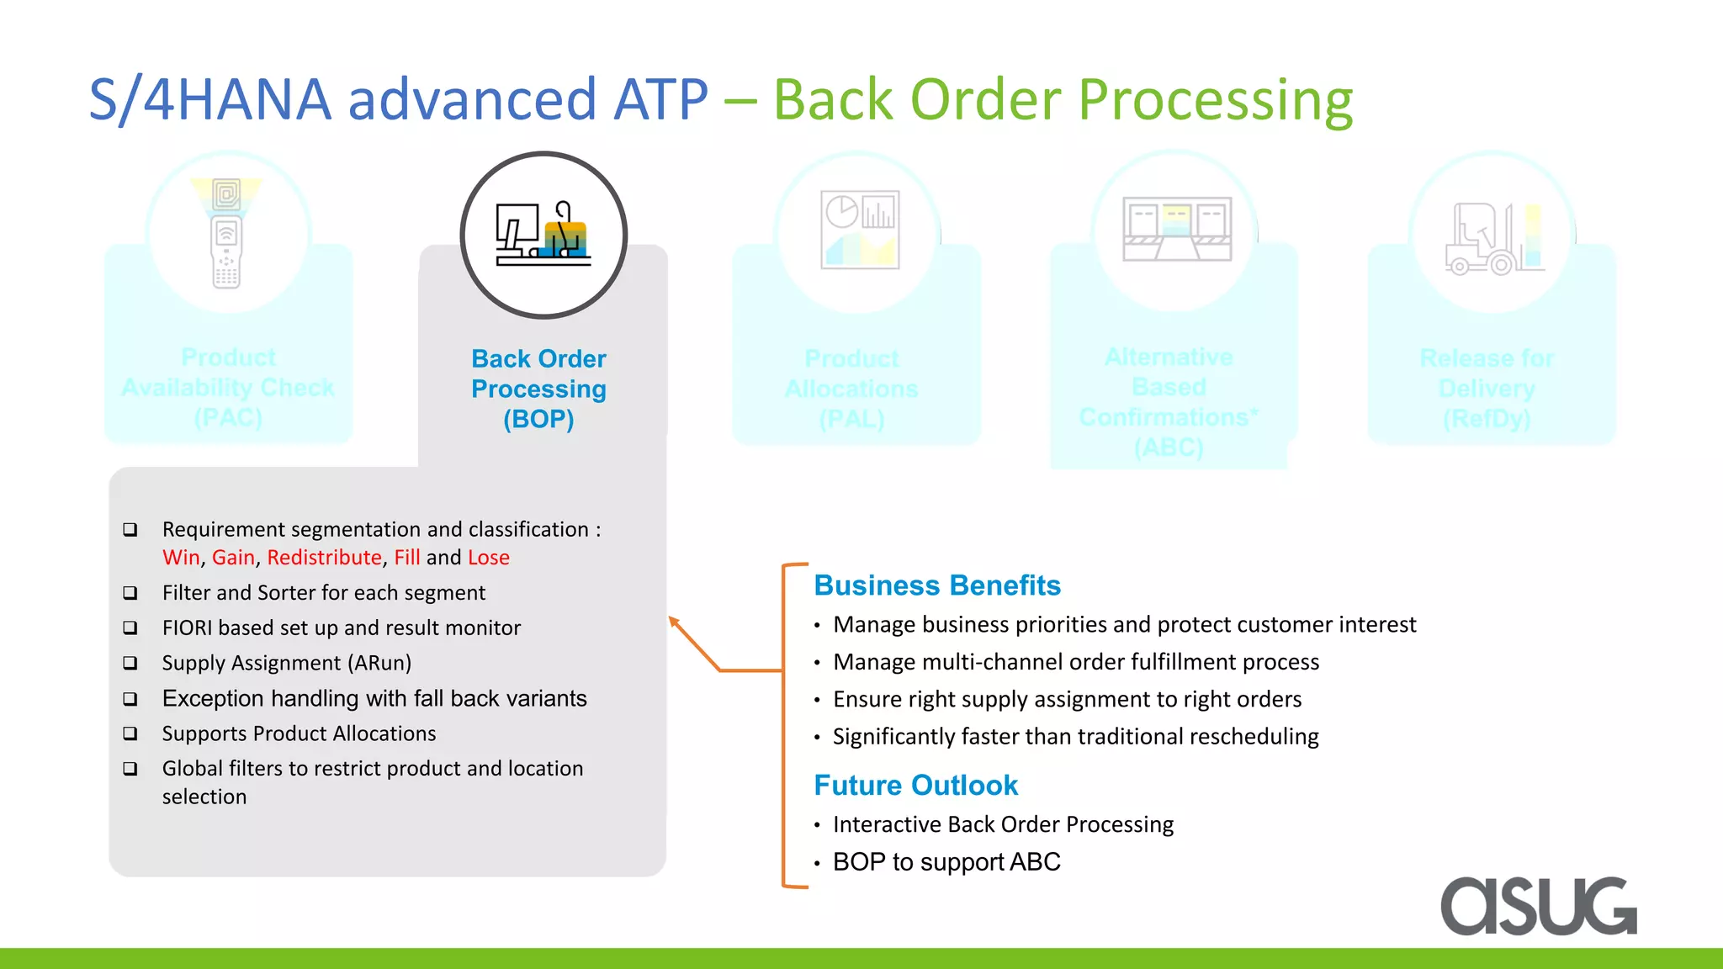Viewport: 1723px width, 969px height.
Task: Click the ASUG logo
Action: pyautogui.click(x=1538, y=906)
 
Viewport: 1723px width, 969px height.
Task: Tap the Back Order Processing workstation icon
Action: pyautogui.click(x=543, y=235)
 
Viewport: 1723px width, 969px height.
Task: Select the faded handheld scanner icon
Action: pyautogui.click(x=226, y=235)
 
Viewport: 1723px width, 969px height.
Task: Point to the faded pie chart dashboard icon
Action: pyautogui.click(x=859, y=230)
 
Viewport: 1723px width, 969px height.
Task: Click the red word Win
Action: pyautogui.click(x=181, y=558)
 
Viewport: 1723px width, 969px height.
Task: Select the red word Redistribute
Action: pyautogui.click(x=324, y=558)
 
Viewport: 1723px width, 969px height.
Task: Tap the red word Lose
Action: pyautogui.click(x=489, y=558)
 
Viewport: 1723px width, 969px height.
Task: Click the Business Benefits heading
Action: pyautogui.click(x=937, y=585)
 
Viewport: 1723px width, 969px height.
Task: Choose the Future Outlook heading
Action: pyautogui.click(x=915, y=786)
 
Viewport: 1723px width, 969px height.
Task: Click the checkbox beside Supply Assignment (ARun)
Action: pyautogui.click(x=130, y=663)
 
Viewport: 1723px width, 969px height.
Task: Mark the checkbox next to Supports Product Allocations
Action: pyautogui.click(x=130, y=733)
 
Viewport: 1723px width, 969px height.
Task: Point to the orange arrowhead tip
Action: pyautogui.click(x=671, y=620)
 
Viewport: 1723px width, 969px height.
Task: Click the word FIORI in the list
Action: pyautogui.click(x=187, y=628)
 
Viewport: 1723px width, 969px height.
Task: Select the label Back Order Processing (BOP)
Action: pyautogui.click(x=538, y=389)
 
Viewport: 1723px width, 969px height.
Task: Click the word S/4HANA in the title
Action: pyautogui.click(x=210, y=99)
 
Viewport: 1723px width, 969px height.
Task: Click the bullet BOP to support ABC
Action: pyautogui.click(x=946, y=862)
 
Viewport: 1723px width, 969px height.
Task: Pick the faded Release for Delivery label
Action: pyautogui.click(x=1487, y=389)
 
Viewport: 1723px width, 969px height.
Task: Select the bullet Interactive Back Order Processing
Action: pyautogui.click(x=1003, y=824)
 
